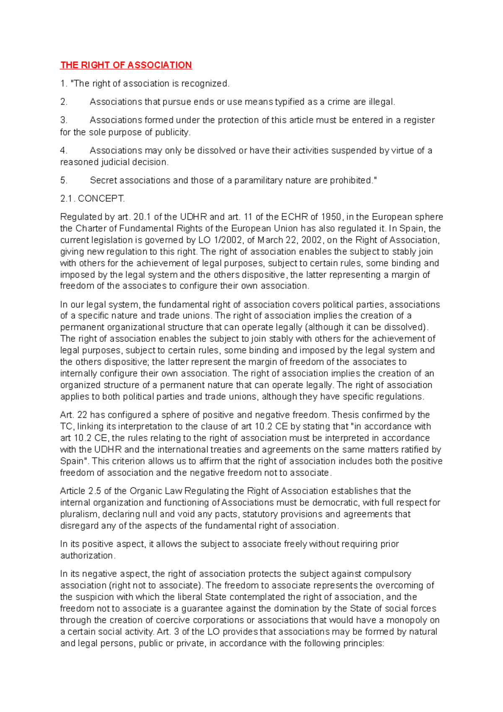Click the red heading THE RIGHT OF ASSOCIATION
tap(126, 65)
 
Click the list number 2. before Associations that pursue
tap(64, 102)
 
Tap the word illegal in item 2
tap(381, 102)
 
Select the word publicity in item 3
tap(173, 132)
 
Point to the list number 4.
tap(64, 151)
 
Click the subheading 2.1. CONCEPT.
tap(92, 199)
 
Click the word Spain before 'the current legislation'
tap(412, 229)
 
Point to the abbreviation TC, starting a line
tap(67, 426)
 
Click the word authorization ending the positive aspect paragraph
tap(87, 556)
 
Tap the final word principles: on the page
tap(363, 643)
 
